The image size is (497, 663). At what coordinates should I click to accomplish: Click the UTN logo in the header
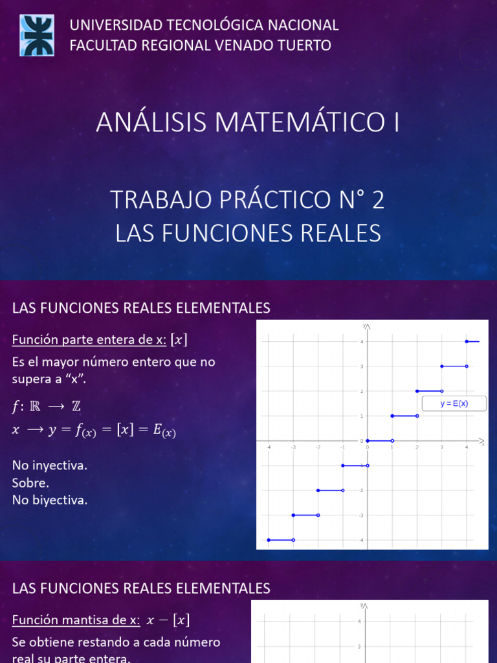(38, 35)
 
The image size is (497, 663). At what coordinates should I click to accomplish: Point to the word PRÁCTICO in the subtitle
(273, 201)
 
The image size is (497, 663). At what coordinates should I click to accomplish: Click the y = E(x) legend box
(454, 404)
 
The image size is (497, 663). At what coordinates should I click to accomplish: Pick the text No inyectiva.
(49, 466)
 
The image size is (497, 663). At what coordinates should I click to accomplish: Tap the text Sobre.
(30, 483)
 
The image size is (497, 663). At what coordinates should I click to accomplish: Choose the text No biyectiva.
(49, 500)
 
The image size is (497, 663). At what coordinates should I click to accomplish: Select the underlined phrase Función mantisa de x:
(76, 620)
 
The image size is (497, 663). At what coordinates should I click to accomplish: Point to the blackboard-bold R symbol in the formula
(38, 407)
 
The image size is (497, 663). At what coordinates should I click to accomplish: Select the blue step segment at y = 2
(429, 391)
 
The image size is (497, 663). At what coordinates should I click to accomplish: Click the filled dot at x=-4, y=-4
(268, 539)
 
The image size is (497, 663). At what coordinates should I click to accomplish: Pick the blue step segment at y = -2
(330, 490)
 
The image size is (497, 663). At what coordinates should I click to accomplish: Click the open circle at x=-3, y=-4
(293, 539)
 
